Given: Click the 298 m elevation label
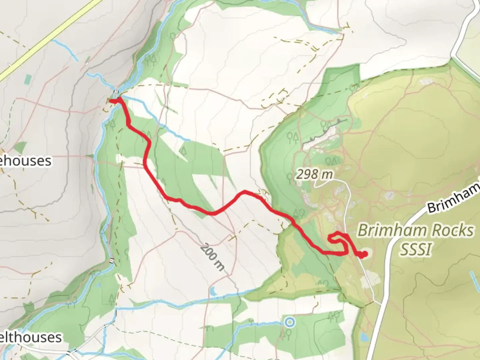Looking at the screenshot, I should [314, 174].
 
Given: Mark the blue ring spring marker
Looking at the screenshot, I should [290, 322].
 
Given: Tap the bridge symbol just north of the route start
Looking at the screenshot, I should [116, 92].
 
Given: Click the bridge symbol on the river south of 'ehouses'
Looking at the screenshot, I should [111, 261].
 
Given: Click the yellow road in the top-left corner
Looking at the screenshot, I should [50, 40].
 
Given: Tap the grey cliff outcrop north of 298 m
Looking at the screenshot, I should [325, 135].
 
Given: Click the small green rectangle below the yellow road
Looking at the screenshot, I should [28, 79].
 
